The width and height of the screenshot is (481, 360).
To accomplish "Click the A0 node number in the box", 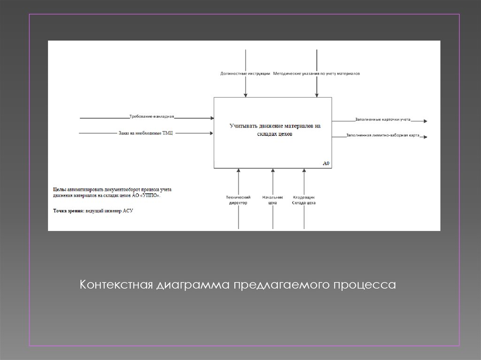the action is tap(326, 163).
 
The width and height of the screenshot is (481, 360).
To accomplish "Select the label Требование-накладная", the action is tap(152, 116).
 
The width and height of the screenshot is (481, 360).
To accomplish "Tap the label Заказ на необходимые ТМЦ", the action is tap(146, 133).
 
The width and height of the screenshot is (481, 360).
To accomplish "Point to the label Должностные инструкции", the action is tap(245, 74).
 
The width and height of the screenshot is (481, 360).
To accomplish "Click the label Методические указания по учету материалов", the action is tap(316, 74).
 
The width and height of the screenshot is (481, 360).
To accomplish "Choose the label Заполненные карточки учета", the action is tap(383, 120).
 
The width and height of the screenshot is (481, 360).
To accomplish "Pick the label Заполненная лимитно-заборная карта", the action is tap(383, 135).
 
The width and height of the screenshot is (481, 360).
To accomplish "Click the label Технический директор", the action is tap(238, 200).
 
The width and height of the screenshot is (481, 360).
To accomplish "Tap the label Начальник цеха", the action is tap(272, 200).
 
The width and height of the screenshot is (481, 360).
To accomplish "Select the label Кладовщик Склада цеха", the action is tap(304, 200).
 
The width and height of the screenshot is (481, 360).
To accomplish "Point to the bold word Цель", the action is tap(60, 190).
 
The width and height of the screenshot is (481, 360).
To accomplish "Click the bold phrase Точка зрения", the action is tap(69, 211).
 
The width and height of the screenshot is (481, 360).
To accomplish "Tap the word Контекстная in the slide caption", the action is tap(116, 284).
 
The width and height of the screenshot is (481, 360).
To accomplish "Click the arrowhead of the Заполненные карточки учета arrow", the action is tap(425, 122).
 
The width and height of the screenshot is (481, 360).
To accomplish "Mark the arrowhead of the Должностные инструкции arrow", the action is tap(245, 95).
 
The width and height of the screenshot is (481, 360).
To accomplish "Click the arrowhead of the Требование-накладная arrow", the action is tap(212, 118).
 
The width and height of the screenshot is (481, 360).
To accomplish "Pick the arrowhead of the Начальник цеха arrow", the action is tap(273, 170).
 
